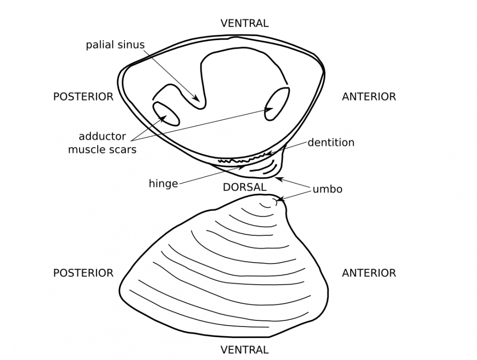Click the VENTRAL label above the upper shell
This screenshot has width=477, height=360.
tap(244, 23)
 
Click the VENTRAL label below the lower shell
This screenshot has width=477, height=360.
tap(244, 350)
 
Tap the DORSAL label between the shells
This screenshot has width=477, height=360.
tap(244, 188)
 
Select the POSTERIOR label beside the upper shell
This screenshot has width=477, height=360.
tap(83, 96)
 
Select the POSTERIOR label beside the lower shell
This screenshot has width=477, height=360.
tap(83, 273)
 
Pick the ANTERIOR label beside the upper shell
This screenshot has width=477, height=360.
tap(369, 96)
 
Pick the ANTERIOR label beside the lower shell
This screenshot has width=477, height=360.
tap(369, 273)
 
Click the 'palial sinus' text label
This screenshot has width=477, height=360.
tap(115, 45)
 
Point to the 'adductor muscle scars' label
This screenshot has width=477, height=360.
tap(102, 143)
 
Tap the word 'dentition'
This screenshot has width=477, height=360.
tap(331, 142)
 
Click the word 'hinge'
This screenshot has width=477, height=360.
tap(163, 184)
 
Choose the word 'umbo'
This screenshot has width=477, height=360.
tap(327, 189)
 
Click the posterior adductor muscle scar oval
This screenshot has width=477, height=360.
tap(166, 114)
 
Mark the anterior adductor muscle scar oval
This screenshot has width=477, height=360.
tap(277, 103)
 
